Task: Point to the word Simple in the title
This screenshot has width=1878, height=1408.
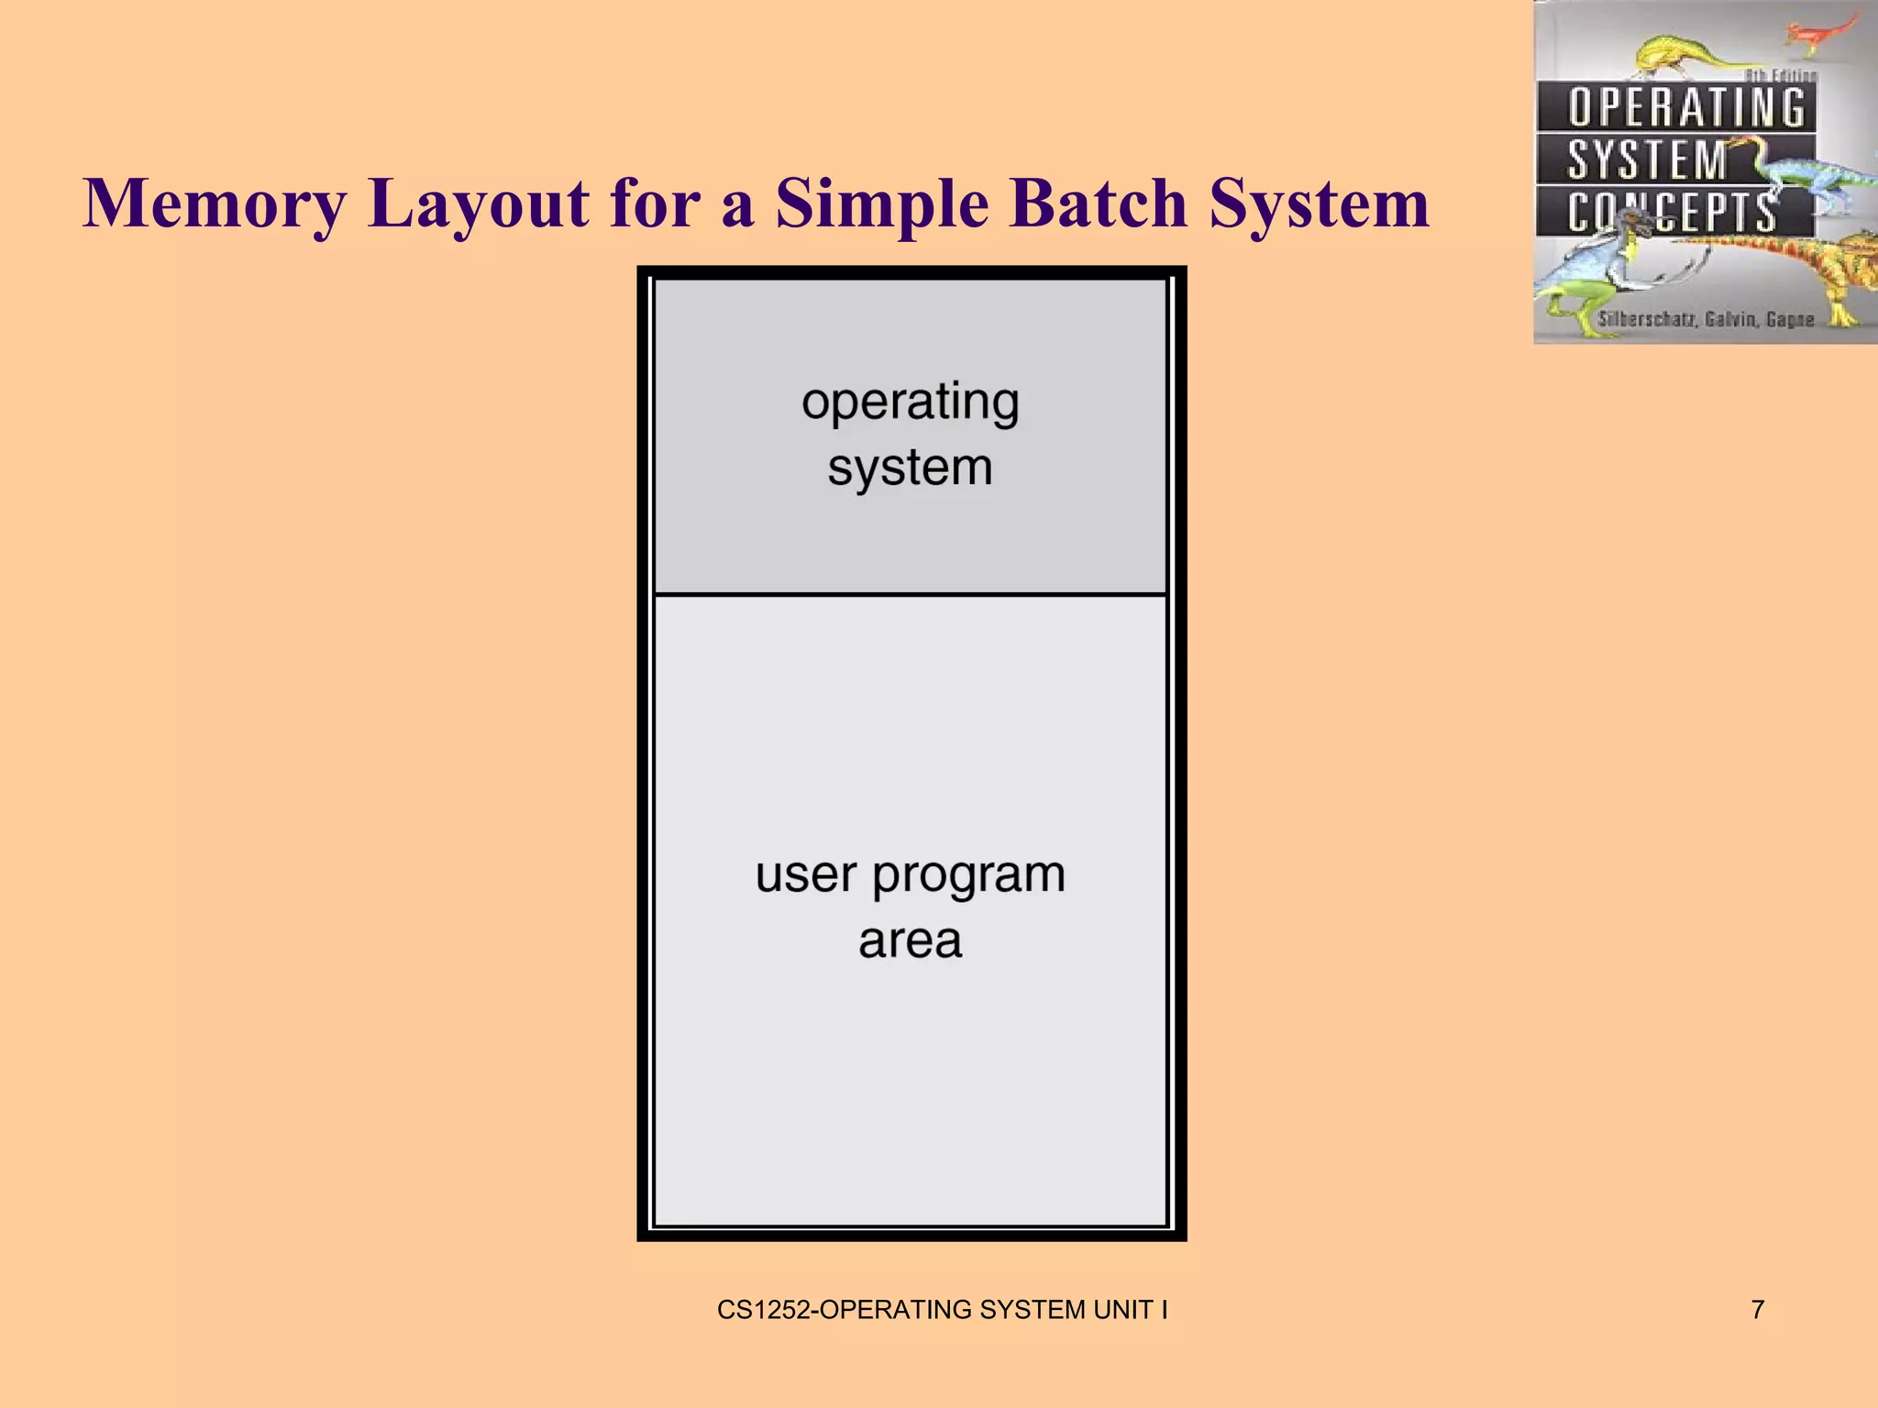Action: point(882,203)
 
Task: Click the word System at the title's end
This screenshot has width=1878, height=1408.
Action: point(1319,203)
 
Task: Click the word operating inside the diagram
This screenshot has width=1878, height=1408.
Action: point(910,402)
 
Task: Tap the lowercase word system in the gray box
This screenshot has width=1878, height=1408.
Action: point(910,468)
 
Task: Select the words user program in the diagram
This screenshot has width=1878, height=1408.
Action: point(910,875)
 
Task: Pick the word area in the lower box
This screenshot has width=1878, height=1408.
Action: point(910,941)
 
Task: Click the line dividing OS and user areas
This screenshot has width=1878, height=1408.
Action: point(910,594)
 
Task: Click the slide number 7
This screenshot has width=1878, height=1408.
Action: point(1757,1309)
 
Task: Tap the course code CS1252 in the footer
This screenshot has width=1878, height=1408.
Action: point(763,1309)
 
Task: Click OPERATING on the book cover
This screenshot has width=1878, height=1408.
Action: point(1685,107)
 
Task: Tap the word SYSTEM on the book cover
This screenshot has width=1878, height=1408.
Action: point(1647,160)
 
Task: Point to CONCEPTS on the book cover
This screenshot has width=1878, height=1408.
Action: point(1671,213)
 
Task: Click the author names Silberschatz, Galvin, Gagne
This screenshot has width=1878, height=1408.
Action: point(1706,319)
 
